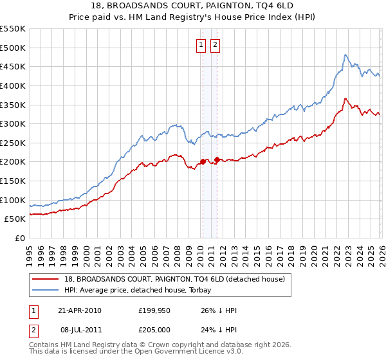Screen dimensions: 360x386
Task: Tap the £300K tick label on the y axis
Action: pyautogui.click(x=13, y=123)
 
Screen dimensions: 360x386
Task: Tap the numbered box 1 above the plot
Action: pyautogui.click(x=201, y=44)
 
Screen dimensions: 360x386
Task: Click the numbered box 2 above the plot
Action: pyautogui.click(x=215, y=44)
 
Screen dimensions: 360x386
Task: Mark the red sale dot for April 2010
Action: pyautogui.click(x=203, y=162)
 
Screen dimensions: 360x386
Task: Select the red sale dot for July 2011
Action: pyautogui.click(x=217, y=159)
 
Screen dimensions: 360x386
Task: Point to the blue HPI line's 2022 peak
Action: pyautogui.click(x=345, y=55)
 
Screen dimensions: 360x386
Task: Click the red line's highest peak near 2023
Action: pyautogui.click(x=345, y=98)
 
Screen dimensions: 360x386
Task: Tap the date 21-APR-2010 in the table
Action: pyautogui.click(x=79, y=310)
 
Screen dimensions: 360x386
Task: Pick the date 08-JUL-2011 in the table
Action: pyautogui.click(x=79, y=331)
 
